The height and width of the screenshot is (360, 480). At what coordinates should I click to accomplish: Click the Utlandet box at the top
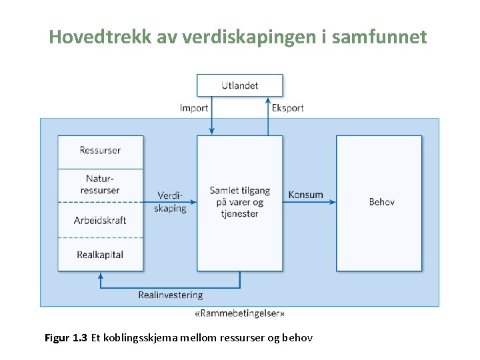click(239, 85)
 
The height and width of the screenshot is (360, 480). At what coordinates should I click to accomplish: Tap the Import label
click(194, 108)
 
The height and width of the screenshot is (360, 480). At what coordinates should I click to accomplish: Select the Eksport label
click(287, 108)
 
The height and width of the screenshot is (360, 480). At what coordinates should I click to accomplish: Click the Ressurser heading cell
click(100, 151)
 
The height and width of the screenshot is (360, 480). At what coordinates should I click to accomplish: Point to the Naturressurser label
click(100, 185)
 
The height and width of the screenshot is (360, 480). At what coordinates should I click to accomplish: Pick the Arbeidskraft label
click(100, 220)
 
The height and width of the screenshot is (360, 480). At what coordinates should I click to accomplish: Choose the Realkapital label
click(100, 255)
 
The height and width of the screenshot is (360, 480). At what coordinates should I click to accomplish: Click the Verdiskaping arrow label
click(171, 201)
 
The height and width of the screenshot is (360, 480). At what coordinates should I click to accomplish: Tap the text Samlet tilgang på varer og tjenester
click(239, 202)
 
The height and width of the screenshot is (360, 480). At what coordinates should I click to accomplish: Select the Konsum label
click(305, 195)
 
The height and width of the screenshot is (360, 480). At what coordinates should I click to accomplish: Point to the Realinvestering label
click(171, 295)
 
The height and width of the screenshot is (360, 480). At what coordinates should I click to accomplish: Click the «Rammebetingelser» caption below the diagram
click(239, 313)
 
